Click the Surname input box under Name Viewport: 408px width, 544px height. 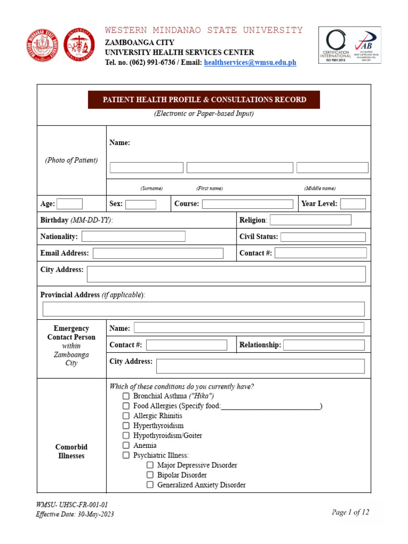147,168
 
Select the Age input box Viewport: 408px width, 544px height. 70,203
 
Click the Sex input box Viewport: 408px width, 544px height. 141,204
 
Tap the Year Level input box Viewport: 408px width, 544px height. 353,203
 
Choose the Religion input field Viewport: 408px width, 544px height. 311,220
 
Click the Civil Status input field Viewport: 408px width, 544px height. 323,237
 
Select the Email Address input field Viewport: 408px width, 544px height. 158,253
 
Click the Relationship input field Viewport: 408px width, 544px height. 324,345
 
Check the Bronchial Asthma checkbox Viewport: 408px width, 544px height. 126,396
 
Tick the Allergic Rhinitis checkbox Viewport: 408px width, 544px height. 126,416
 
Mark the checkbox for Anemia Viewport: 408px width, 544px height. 126,446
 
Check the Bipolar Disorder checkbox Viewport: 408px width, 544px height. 150,475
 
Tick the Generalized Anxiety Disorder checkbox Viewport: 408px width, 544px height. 150,485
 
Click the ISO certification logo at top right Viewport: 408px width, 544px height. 350,45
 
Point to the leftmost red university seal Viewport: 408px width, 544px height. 42,45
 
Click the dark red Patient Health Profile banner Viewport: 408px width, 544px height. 204,100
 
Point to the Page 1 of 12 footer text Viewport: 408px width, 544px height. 350,512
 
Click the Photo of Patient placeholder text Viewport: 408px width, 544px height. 71,160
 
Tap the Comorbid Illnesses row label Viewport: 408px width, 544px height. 71,452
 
